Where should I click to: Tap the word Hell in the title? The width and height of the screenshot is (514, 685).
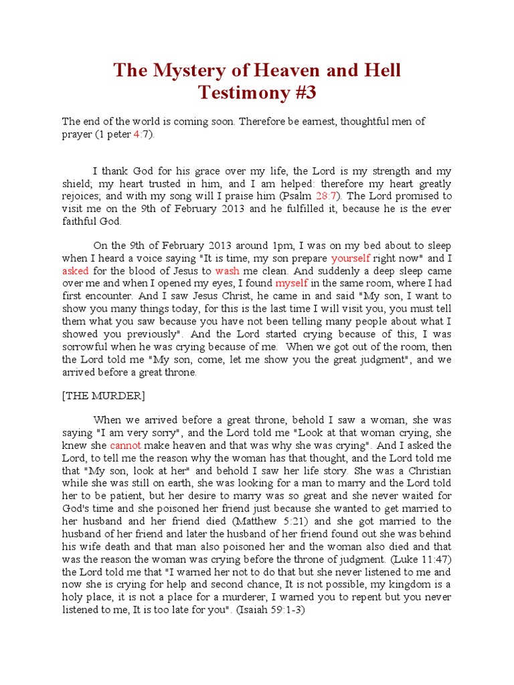pos(381,70)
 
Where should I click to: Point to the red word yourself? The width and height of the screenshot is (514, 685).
pos(355,258)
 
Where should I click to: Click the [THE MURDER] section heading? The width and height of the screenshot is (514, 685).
pos(103,395)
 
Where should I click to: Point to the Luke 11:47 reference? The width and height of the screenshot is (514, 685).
pos(418,559)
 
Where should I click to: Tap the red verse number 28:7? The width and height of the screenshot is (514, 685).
pos(328,196)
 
